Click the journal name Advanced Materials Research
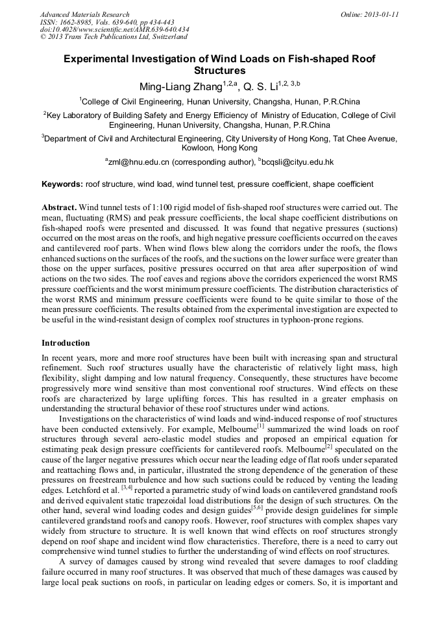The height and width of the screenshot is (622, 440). click(84, 14)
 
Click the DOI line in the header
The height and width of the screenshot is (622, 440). click(114, 30)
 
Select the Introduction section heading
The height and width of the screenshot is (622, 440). click(66, 342)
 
